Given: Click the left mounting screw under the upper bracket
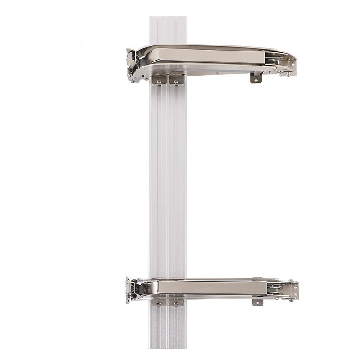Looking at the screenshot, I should [159, 81].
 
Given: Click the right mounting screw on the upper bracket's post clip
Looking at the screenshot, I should [176, 81].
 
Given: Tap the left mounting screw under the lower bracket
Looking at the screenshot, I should [159, 303].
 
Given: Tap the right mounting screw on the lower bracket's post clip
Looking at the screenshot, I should [176, 303].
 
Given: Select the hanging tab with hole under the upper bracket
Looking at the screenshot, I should [256, 78].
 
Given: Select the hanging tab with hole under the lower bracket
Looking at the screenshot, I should [257, 302].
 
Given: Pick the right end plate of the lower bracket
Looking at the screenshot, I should [293, 290].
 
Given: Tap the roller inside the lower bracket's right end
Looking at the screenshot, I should [273, 288].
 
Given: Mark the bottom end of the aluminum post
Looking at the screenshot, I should [168, 346].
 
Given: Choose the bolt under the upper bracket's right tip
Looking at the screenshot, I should [288, 74].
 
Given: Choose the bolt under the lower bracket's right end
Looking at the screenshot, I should [291, 299].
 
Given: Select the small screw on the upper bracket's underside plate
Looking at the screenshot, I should [217, 72].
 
